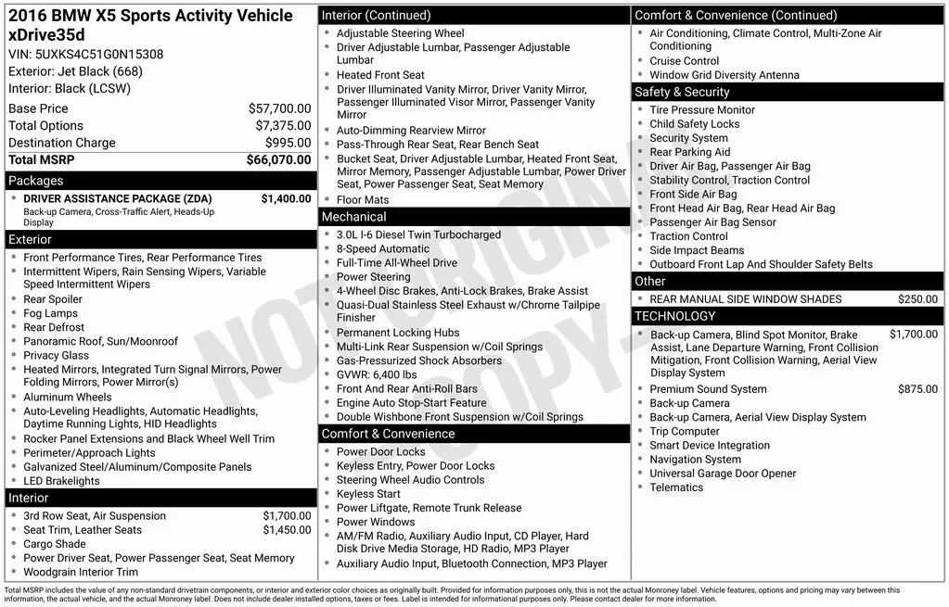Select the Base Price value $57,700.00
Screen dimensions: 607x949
tap(279, 108)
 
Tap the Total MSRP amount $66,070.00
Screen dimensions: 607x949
tap(278, 160)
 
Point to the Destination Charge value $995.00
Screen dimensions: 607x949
tap(288, 143)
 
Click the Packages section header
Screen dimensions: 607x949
tap(36, 181)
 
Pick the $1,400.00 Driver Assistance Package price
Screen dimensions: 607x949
tap(286, 198)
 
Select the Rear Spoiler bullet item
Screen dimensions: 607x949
tap(53, 299)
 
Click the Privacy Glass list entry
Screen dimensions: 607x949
tap(57, 355)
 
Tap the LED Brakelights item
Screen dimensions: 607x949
tap(61, 481)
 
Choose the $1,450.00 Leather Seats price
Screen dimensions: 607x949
tap(287, 530)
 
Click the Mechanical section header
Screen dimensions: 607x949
tap(353, 217)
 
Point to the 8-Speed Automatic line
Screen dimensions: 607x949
tap(382, 248)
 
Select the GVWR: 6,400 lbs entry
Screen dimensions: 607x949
tap(377, 374)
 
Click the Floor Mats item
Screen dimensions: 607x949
tap(363, 199)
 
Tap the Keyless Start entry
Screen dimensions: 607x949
tap(368, 494)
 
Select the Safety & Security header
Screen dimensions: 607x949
tap(682, 92)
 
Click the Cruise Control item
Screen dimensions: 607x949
tap(684, 61)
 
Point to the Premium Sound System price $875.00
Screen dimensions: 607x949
tap(917, 389)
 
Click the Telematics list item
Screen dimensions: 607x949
tap(676, 487)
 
